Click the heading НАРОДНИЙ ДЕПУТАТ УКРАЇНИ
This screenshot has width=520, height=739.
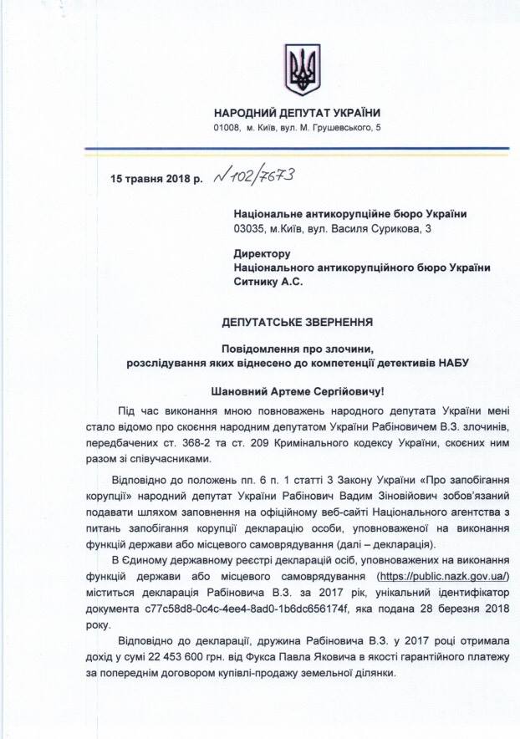tap(297, 113)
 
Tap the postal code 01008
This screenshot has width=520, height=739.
tap(227, 127)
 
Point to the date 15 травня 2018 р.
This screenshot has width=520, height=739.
tap(156, 179)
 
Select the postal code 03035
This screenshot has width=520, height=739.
tap(251, 227)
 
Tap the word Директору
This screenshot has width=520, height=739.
tap(263, 253)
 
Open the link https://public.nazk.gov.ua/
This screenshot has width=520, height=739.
tap(443, 577)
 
